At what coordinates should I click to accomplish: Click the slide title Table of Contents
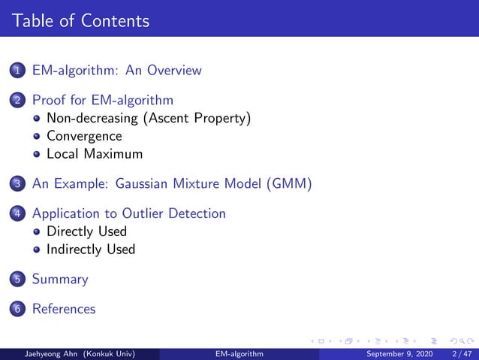(x=80, y=20)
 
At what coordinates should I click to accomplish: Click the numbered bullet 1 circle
(x=17, y=71)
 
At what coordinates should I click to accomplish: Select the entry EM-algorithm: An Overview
(x=116, y=71)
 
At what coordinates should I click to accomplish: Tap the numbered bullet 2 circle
(x=17, y=101)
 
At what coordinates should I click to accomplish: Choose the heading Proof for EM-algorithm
(x=102, y=100)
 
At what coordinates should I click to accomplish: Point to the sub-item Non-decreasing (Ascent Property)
(x=148, y=118)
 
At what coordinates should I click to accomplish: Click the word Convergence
(x=83, y=136)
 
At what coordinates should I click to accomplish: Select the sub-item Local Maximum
(x=94, y=154)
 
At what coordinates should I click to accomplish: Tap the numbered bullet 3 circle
(x=17, y=184)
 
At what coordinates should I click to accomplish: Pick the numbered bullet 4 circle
(x=17, y=214)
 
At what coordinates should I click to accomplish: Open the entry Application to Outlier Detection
(x=128, y=213)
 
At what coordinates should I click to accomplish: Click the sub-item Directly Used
(x=86, y=231)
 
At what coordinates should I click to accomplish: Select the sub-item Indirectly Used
(x=90, y=250)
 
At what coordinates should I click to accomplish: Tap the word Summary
(x=59, y=280)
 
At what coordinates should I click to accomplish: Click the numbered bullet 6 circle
(x=17, y=310)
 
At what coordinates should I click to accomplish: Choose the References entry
(x=64, y=309)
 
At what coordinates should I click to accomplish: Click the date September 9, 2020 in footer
(x=399, y=353)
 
